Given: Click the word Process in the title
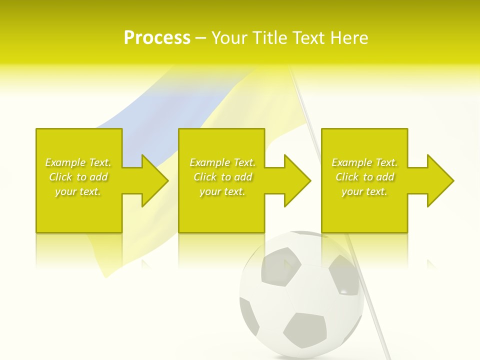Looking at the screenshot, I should tap(157, 38).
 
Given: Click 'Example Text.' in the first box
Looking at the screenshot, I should tap(78, 162).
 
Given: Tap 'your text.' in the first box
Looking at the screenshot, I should tap(78, 191).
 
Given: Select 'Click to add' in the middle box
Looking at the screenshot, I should tap(222, 177).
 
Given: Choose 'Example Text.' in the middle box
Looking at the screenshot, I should tap(222, 162).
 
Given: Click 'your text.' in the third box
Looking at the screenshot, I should tap(364, 191).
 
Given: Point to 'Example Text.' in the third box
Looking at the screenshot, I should tap(364, 162).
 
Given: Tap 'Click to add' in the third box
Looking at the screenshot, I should tap(364, 177).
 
